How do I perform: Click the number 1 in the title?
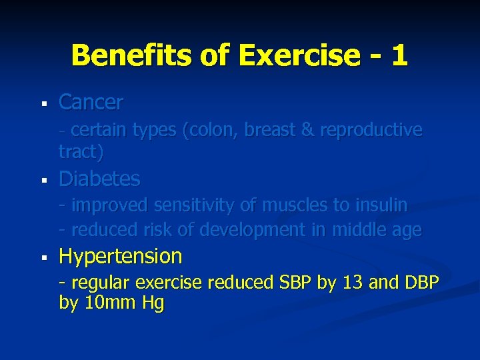399,55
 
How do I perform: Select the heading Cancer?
91,103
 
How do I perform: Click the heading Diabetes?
99,179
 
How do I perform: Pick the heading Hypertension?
120,256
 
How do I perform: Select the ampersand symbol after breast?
307,131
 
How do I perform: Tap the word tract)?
81,152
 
